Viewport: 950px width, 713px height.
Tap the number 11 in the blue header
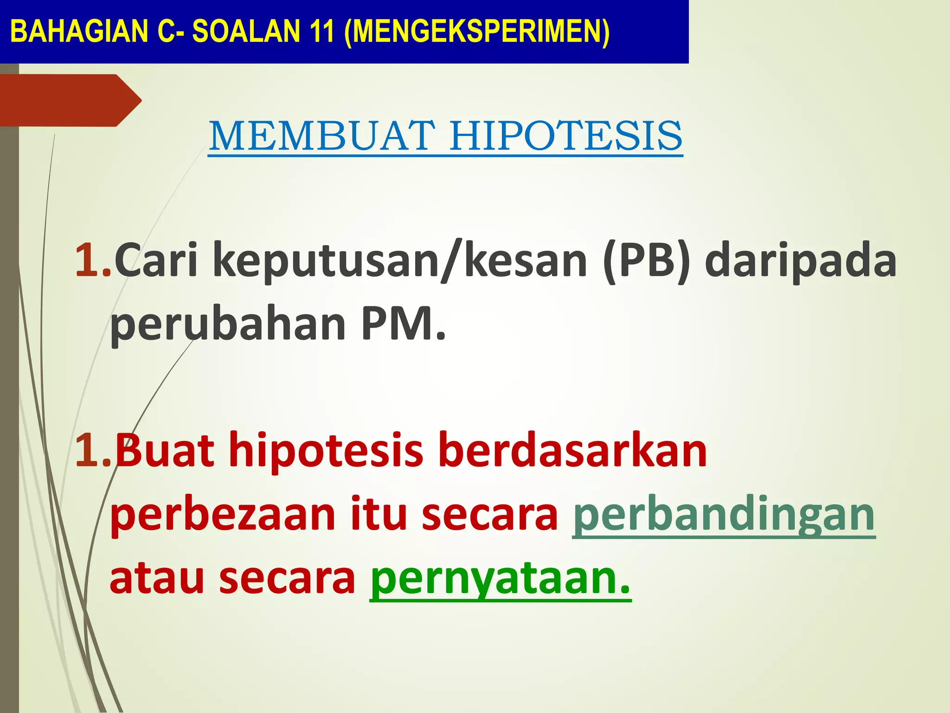320,32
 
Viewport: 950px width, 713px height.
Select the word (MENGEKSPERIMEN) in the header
477,32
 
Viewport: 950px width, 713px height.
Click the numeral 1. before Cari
93,261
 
